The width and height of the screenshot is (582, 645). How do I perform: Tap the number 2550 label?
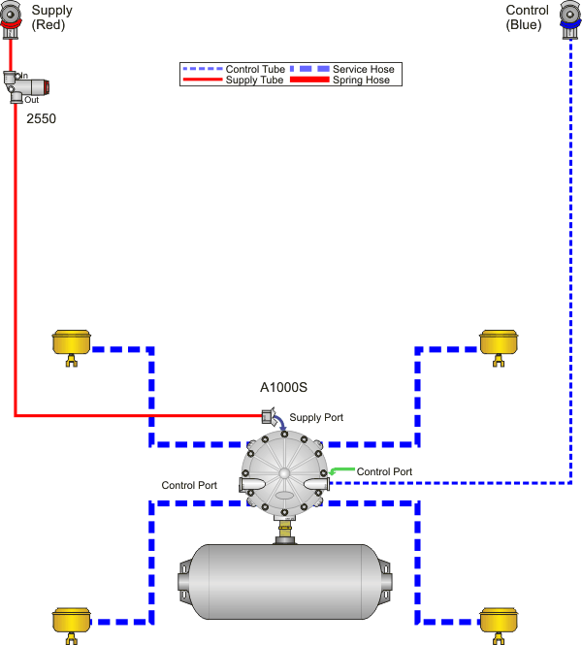pyautogui.click(x=42, y=117)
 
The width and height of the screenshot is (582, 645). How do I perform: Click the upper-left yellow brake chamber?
pyautogui.click(x=71, y=343)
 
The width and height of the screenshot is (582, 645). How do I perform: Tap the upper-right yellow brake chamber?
pyautogui.click(x=500, y=343)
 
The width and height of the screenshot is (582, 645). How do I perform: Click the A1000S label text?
pyautogui.click(x=283, y=387)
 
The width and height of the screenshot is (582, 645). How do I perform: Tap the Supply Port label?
pyautogui.click(x=316, y=417)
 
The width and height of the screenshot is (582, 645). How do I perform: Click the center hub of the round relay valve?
pyautogui.click(x=284, y=474)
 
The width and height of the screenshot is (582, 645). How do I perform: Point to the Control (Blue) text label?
pyautogui.click(x=529, y=17)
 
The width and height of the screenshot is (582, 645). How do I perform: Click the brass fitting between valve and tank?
pyautogui.click(x=284, y=531)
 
